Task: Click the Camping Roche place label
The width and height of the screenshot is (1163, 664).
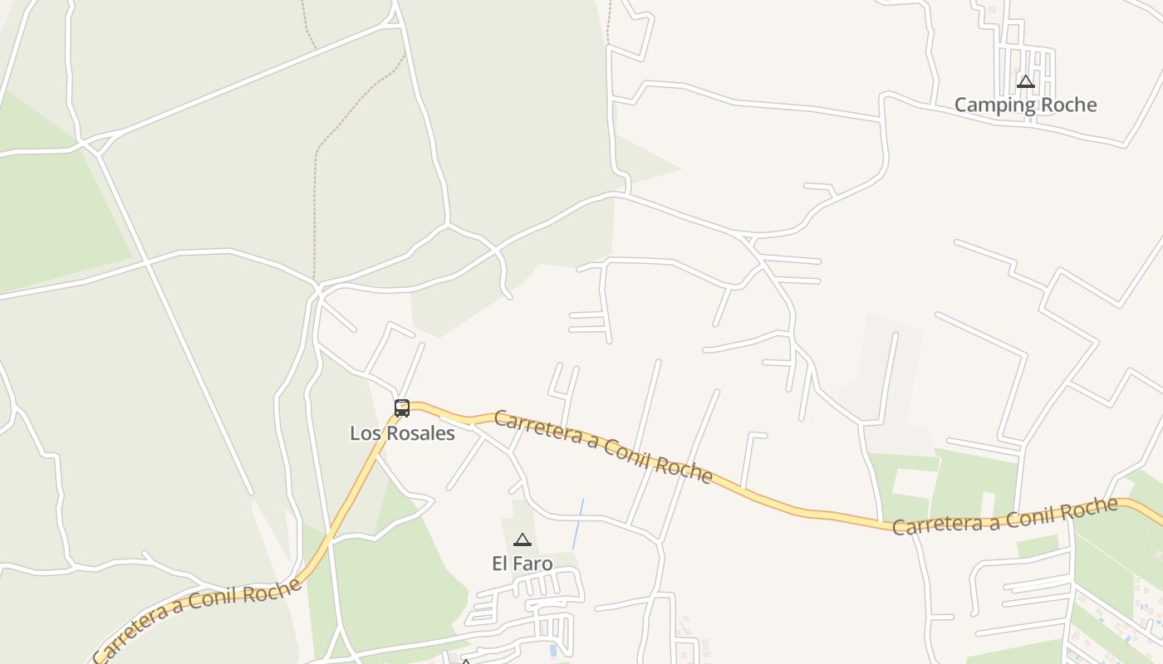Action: pyautogui.click(x=1025, y=105)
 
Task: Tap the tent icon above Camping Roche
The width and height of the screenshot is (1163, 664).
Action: pyautogui.click(x=1026, y=81)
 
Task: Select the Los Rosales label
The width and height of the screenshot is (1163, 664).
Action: pyautogui.click(x=402, y=433)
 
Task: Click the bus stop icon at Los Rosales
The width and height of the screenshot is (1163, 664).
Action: pyautogui.click(x=402, y=408)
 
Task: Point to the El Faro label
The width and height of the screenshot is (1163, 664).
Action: pyautogui.click(x=522, y=564)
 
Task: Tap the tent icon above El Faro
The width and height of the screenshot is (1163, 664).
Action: pyautogui.click(x=523, y=540)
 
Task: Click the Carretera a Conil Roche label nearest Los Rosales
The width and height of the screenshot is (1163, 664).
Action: pyautogui.click(x=603, y=446)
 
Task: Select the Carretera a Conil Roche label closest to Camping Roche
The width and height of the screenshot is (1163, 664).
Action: pyautogui.click(x=1005, y=516)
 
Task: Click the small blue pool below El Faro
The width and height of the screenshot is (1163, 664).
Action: pyautogui.click(x=553, y=650)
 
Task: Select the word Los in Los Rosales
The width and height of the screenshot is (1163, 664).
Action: pyautogui.click(x=363, y=433)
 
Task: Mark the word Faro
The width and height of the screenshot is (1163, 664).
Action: pyautogui.click(x=533, y=564)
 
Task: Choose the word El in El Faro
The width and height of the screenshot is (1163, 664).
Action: pyautogui.click(x=500, y=564)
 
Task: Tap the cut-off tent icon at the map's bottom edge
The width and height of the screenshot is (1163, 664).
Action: pyautogui.click(x=466, y=662)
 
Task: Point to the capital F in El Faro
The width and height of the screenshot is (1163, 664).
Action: pyautogui.click(x=519, y=564)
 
